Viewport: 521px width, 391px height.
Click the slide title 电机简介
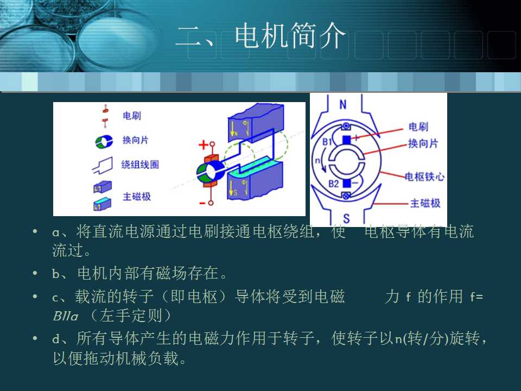coord(260,37)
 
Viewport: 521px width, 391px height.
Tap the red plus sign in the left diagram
coord(203,146)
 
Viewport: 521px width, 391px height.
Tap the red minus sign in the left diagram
coord(202,203)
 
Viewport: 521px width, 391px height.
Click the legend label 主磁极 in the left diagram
coord(136,197)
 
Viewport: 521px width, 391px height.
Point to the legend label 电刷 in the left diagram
coord(132,116)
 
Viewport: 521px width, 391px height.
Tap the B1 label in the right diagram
coord(327,142)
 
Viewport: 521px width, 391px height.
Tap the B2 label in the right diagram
coord(333,184)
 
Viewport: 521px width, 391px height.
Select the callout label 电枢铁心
coord(425,176)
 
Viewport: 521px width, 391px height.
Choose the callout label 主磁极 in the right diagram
coord(425,204)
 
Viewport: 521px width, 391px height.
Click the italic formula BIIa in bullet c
coord(66,316)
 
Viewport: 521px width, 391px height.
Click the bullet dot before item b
coord(35,272)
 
